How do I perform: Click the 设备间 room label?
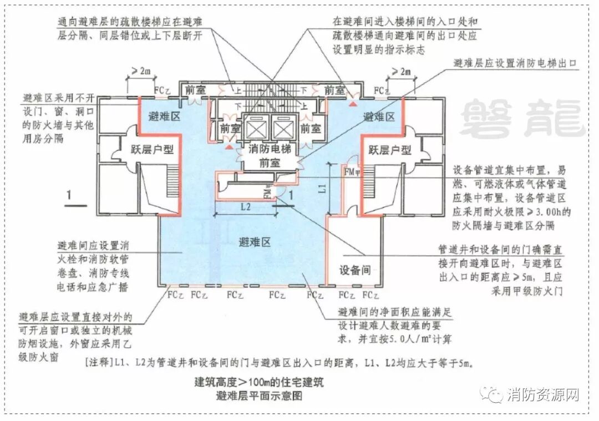[355, 270]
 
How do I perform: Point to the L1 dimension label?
[323, 189]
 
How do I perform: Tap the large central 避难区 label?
[254, 242]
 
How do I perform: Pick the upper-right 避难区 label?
[379, 117]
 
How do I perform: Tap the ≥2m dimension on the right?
[403, 71]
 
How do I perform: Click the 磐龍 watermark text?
[522, 119]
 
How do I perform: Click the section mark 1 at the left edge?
[69, 195]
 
